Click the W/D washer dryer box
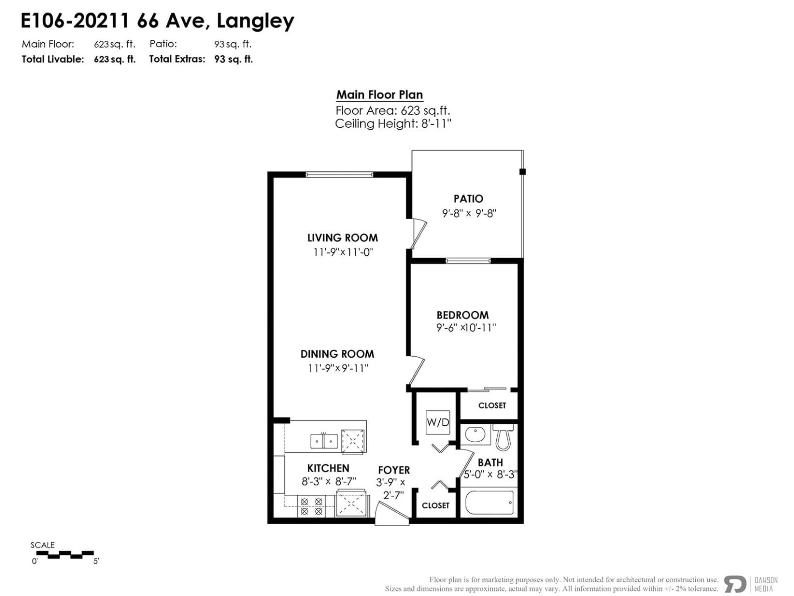coord(438,422)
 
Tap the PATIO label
coord(468,199)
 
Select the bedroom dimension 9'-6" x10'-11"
coord(466,328)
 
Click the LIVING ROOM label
coord(342,238)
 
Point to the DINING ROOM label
coord(337,354)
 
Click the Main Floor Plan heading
coord(379,95)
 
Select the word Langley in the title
coord(255,21)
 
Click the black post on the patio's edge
coord(522,172)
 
